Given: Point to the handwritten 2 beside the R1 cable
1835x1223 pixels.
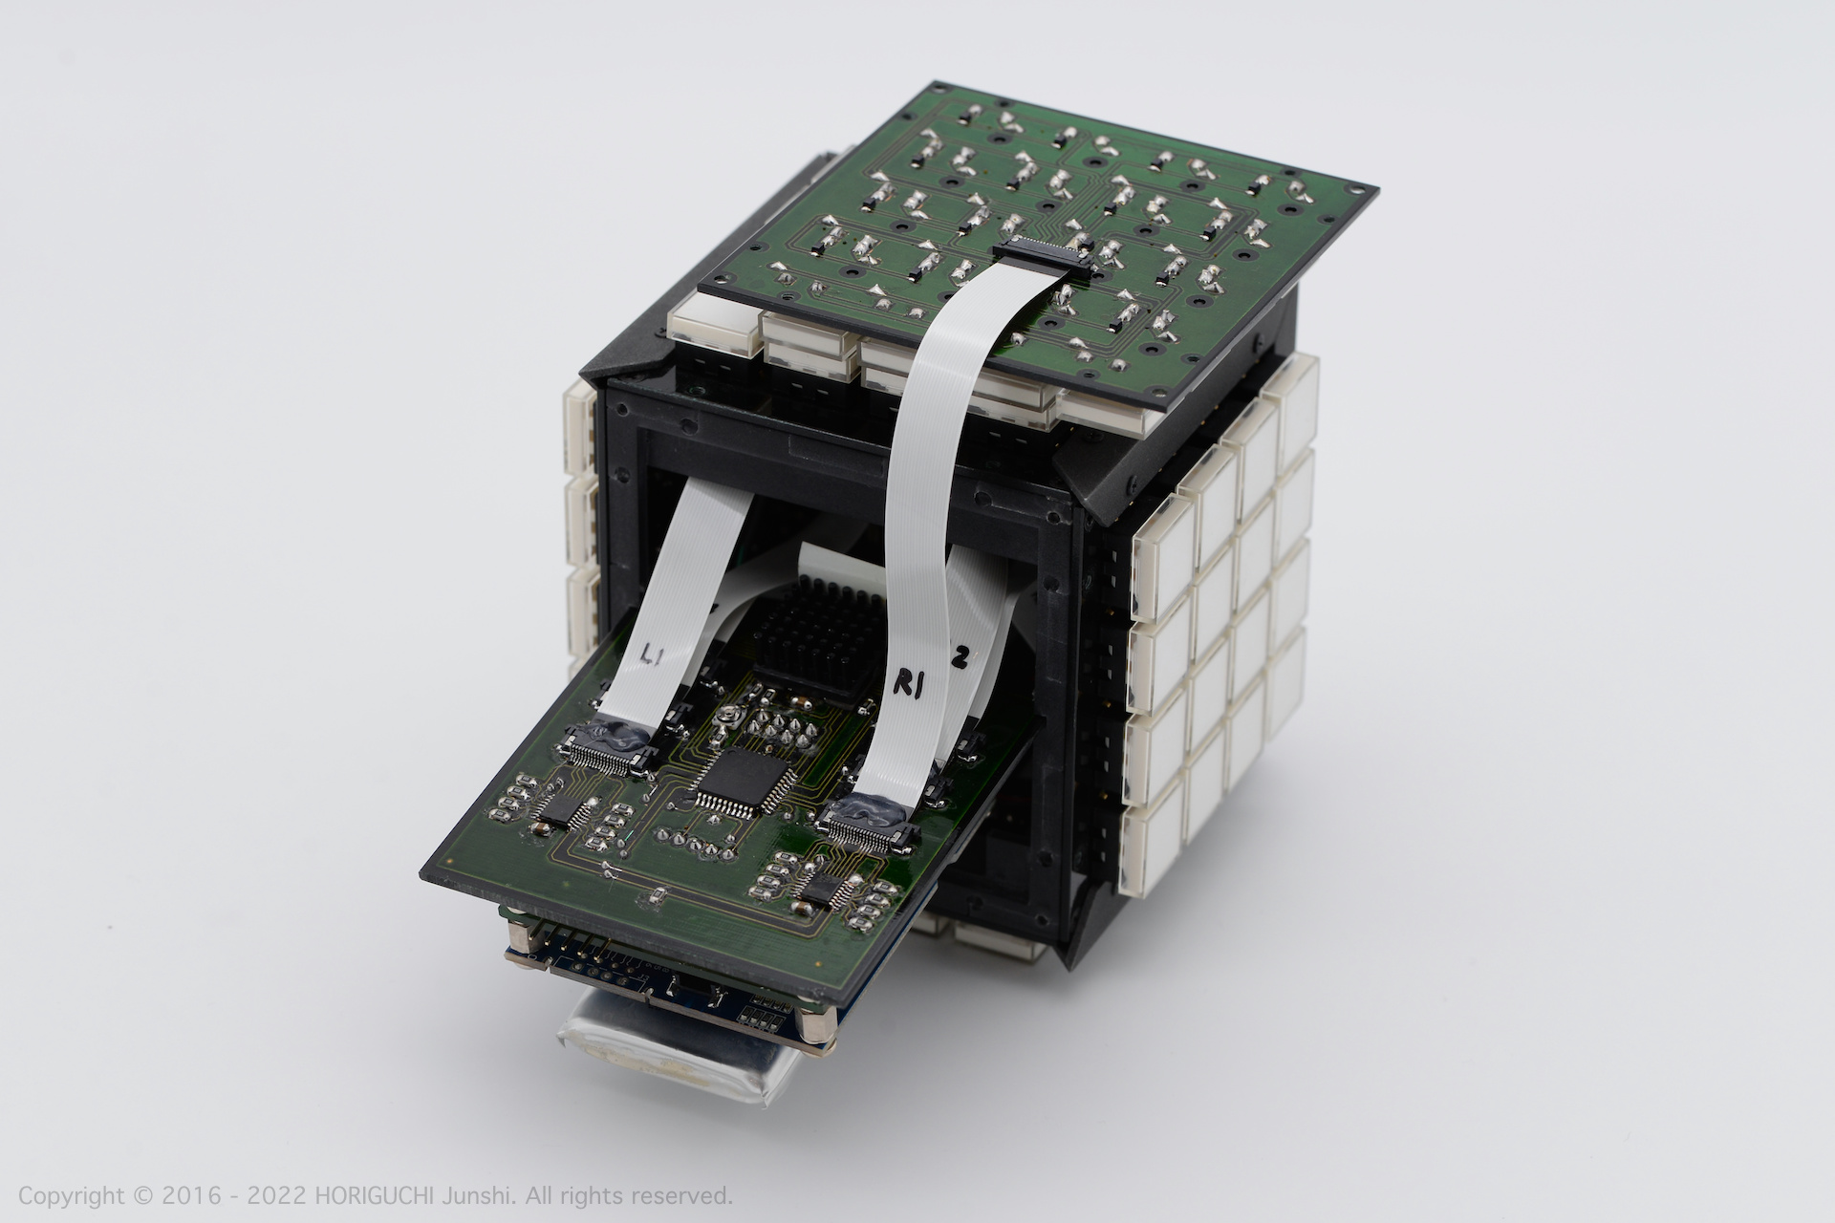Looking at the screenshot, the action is coord(961,656).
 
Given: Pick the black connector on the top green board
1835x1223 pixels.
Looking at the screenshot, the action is coord(1042,258).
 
